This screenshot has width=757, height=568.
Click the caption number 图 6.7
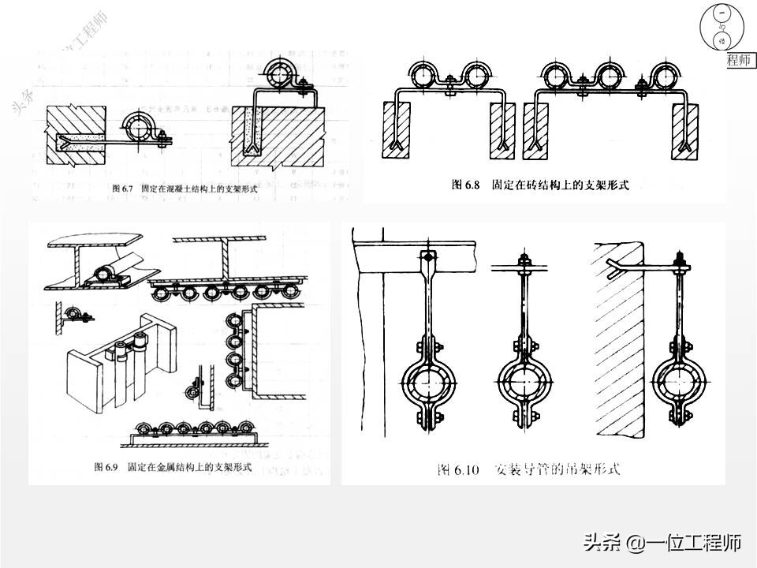pos(125,189)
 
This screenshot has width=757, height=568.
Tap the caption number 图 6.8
pos(466,185)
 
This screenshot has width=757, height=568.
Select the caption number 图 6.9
pos(106,467)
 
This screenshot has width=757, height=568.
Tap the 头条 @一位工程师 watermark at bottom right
pos(662,543)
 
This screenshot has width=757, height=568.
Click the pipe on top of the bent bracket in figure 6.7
pos(281,74)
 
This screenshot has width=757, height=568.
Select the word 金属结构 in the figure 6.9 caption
pos(182,467)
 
